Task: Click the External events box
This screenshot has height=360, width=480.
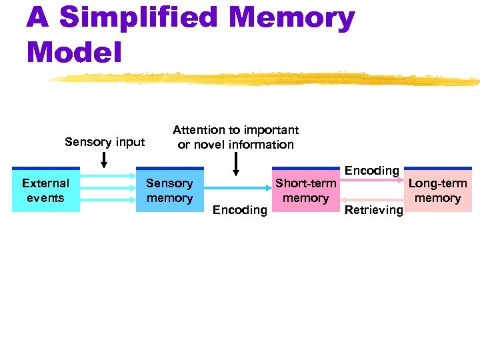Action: (x=45, y=190)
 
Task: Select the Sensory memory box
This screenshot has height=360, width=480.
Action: (x=169, y=190)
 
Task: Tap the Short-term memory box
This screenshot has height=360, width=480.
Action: (x=305, y=190)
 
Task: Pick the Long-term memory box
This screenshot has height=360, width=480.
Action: (x=437, y=190)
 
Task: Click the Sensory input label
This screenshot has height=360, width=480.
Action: (x=105, y=141)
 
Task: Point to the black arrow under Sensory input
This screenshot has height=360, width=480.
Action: (x=104, y=160)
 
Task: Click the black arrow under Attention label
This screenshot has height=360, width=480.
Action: (x=235, y=164)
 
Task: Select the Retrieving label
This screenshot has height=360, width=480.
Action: (x=374, y=210)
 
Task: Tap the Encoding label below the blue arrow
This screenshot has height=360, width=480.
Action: (x=239, y=210)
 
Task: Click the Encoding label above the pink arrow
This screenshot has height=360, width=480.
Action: (x=371, y=171)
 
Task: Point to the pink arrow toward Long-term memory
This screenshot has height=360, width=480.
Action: (x=373, y=181)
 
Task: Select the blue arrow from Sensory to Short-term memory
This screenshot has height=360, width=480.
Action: (x=237, y=189)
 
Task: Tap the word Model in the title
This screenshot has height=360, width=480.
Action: (x=74, y=51)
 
